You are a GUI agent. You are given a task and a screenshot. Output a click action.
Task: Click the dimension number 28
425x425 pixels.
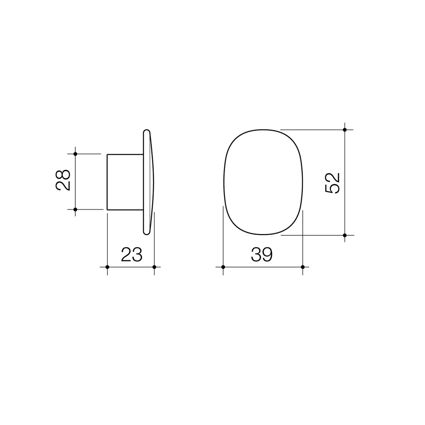click(x=63, y=180)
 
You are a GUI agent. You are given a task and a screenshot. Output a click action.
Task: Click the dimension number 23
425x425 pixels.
click(x=132, y=254)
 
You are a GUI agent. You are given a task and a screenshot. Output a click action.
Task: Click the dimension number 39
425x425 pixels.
click(x=262, y=254)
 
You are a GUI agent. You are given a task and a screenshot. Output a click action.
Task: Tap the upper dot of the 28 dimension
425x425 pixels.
click(x=75, y=154)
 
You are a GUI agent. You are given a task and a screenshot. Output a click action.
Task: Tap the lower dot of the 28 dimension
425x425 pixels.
click(x=75, y=209)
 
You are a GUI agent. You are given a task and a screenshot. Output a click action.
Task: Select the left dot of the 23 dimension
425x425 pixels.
click(x=107, y=267)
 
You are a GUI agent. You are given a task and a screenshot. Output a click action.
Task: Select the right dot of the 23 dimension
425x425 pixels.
click(x=154, y=267)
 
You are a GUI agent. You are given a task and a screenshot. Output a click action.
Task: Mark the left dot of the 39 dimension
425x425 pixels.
click(x=223, y=267)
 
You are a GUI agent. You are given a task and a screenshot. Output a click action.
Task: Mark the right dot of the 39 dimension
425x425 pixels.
click(x=303, y=267)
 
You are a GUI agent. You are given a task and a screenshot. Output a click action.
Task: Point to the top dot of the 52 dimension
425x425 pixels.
click(x=345, y=129)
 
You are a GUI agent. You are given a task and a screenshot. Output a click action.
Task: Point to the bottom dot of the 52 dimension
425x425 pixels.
click(x=345, y=235)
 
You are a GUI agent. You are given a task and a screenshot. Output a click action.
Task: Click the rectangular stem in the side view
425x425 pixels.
click(x=125, y=182)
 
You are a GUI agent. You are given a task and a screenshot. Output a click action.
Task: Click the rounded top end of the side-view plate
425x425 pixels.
click(x=146, y=132)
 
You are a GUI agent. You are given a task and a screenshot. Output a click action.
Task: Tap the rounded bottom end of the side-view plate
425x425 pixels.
click(x=146, y=232)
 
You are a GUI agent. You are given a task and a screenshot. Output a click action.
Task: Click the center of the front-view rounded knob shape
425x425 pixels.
click(x=263, y=182)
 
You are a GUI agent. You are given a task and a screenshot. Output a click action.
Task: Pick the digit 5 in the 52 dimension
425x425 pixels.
click(x=333, y=189)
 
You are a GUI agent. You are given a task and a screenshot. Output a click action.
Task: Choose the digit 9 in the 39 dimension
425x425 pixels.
click(x=268, y=254)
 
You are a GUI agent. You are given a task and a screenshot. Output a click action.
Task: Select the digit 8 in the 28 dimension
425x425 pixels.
click(x=63, y=174)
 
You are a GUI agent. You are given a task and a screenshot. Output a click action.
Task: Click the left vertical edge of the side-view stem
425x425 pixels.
click(x=107, y=182)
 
